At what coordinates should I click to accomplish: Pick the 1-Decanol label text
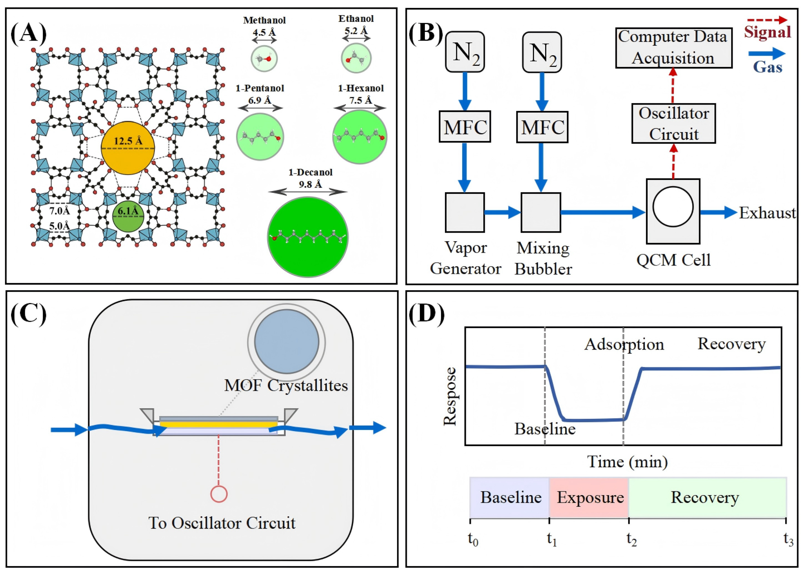coord(310,173)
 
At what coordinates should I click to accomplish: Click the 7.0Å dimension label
coord(59,211)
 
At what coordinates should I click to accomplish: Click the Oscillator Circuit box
coord(673,123)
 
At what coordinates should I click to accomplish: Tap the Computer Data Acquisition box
coord(673,48)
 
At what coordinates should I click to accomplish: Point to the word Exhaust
coord(767,213)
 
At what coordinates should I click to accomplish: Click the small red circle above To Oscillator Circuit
coord(219,494)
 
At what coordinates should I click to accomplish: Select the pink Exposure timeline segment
coord(589,498)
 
